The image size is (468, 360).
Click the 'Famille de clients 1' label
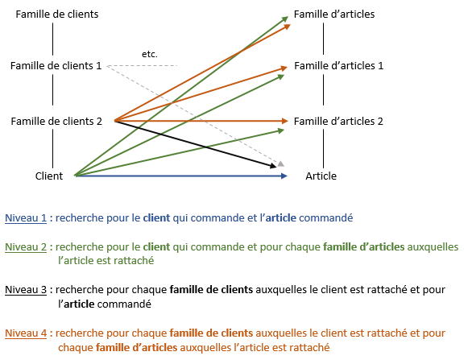[56, 66]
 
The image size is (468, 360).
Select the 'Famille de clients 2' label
[56, 121]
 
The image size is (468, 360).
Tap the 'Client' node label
[49, 176]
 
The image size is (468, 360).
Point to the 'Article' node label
[321, 176]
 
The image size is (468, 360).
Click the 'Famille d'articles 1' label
[339, 66]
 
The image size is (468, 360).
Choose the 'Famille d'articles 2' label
[338, 121]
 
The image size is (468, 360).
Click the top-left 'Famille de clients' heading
[57, 14]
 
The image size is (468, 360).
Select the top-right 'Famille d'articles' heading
[334, 14]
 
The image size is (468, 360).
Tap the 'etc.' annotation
[150, 54]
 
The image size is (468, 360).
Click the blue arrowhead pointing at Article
[284, 176]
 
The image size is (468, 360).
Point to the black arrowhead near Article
[273, 166]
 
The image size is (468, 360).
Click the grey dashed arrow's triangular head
[281, 163]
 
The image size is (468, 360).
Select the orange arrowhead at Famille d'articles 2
[284, 121]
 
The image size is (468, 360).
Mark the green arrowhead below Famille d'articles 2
[281, 130]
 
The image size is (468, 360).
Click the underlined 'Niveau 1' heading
[26, 218]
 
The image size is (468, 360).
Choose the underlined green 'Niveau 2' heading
[26, 247]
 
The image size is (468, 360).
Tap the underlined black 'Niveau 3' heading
[26, 290]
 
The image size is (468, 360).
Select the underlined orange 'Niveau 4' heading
[26, 333]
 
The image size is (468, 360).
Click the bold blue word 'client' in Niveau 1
[156, 218]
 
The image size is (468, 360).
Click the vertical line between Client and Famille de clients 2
[53, 148]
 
